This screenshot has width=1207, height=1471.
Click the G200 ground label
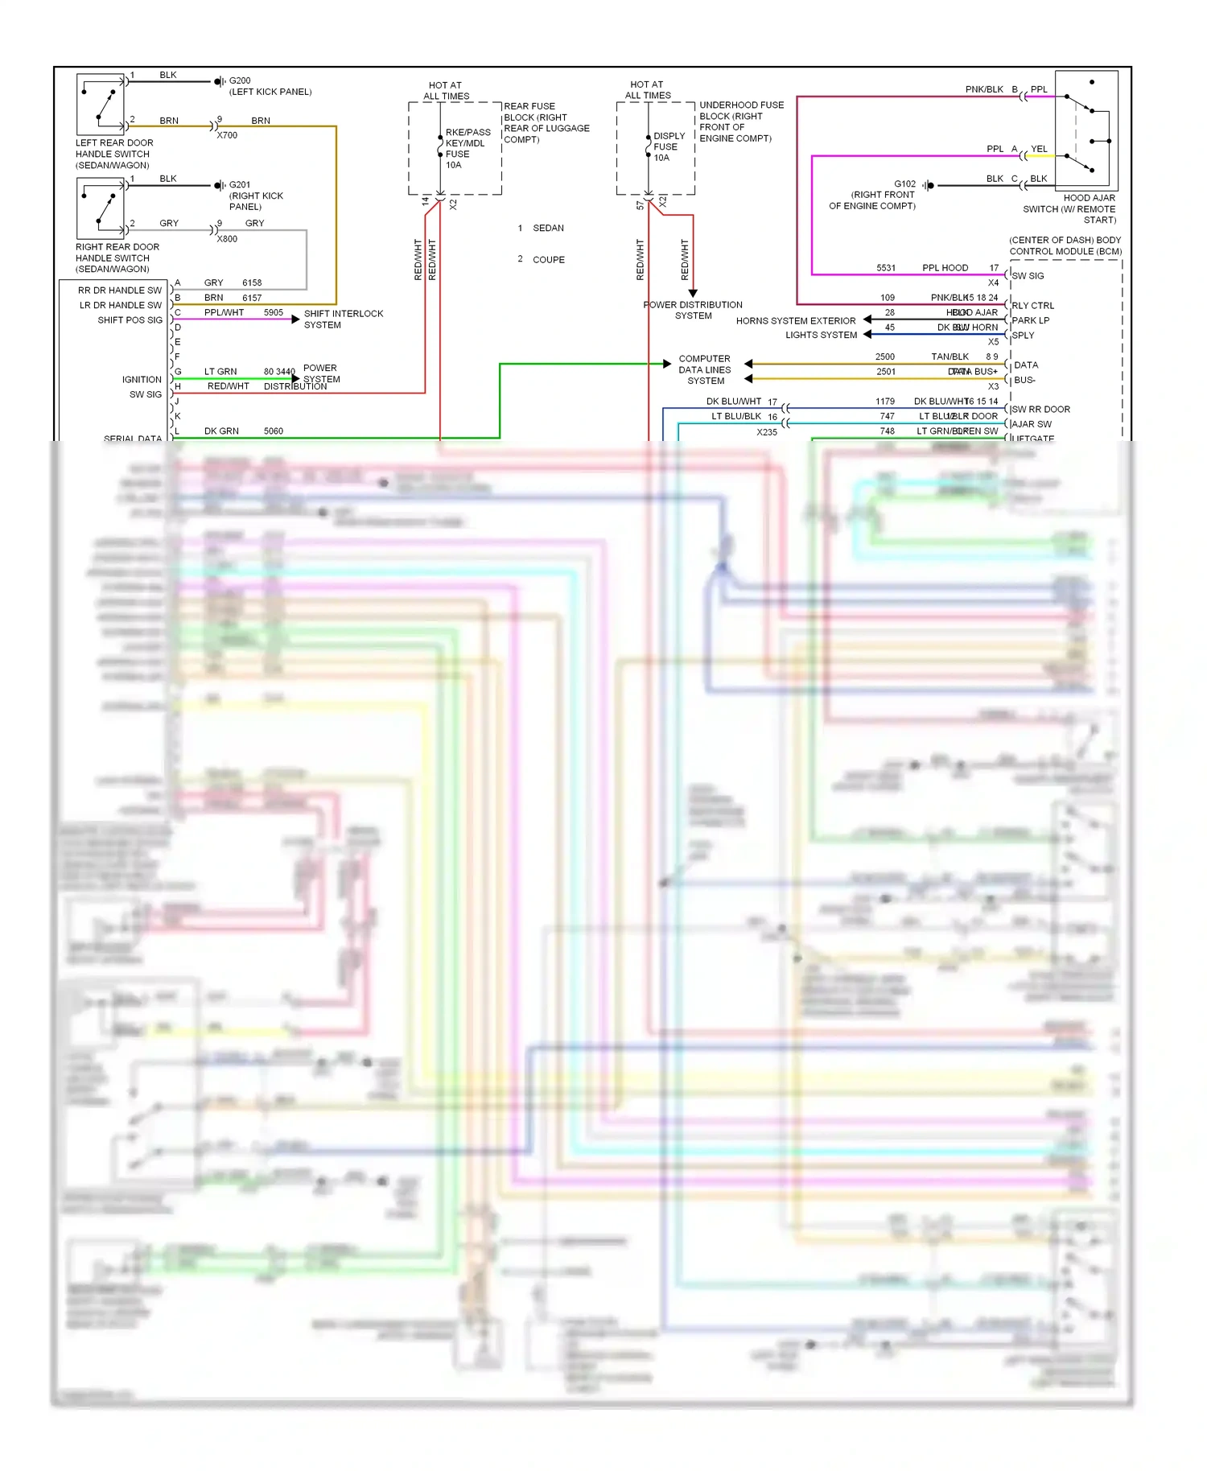coord(240,80)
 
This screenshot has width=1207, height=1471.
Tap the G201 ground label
coord(240,184)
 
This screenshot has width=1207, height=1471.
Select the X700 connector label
coord(227,135)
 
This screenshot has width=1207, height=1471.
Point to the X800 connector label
coord(227,239)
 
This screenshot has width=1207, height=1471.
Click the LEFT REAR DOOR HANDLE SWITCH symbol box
coord(101,105)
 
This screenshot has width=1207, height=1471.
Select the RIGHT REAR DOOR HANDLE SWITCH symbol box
coord(101,208)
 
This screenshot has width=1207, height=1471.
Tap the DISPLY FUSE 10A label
coord(669,146)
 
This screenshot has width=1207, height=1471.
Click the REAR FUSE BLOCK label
coord(546,122)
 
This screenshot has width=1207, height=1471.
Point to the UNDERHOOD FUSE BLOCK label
coord(741,122)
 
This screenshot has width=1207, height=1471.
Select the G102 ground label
coord(904,184)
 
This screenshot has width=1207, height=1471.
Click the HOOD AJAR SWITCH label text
coord(1070,208)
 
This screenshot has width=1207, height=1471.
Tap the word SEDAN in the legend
coord(548,229)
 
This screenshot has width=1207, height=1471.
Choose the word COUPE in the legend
coord(548,260)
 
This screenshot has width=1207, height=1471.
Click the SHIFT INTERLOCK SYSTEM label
coord(343,319)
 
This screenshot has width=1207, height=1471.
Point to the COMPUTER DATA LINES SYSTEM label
coord(705,369)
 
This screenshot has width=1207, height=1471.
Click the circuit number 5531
coord(886,268)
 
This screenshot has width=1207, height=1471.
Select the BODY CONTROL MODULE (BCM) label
coord(1065,245)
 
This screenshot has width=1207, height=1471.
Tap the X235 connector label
coord(767,432)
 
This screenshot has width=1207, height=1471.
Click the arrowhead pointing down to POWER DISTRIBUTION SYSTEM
coord(693,293)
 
